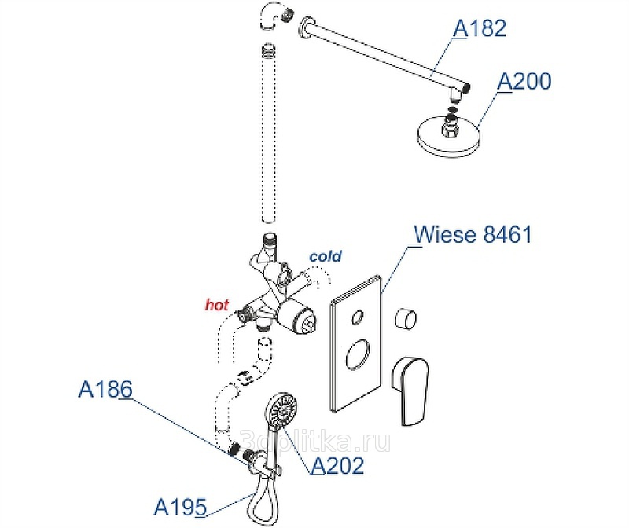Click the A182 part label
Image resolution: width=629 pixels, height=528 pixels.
(480, 29)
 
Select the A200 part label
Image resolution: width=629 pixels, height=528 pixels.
(524, 82)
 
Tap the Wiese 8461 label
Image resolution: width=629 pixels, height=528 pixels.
(473, 234)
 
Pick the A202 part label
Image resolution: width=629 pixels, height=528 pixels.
(338, 466)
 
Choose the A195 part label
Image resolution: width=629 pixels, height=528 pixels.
(179, 507)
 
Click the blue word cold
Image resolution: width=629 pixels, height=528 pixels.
(326, 257)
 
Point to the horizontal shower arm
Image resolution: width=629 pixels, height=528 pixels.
(385, 59)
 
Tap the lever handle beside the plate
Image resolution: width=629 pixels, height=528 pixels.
(413, 389)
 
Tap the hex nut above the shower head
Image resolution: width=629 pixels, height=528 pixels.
(451, 121)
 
